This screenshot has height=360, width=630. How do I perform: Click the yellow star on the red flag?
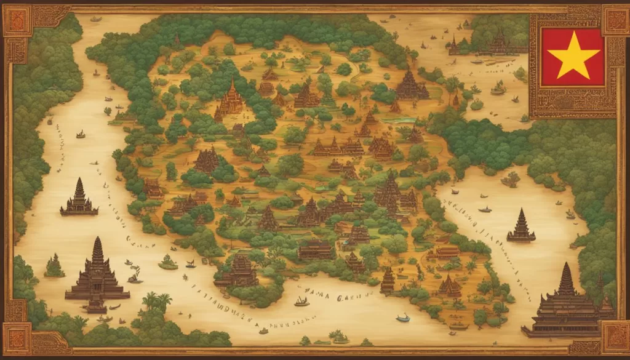click(x=572, y=55)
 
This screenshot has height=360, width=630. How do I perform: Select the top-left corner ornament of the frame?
click(x=17, y=20)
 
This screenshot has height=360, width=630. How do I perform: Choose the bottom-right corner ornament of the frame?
click(x=614, y=337)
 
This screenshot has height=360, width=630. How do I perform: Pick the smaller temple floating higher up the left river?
click(x=79, y=199)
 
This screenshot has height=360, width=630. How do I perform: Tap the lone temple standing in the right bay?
click(x=520, y=226)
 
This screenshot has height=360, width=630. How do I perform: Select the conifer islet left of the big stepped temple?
click(x=54, y=266)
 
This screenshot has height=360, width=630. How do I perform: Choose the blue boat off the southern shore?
click(x=403, y=318)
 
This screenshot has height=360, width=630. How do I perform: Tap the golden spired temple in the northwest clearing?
click(x=233, y=98)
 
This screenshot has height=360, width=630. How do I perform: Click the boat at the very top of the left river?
click(x=95, y=18)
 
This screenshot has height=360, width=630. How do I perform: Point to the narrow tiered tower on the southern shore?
click(x=388, y=280)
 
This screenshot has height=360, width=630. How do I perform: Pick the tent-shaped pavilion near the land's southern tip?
click(x=449, y=286)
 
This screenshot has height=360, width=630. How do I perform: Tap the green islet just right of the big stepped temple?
click(x=167, y=263)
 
